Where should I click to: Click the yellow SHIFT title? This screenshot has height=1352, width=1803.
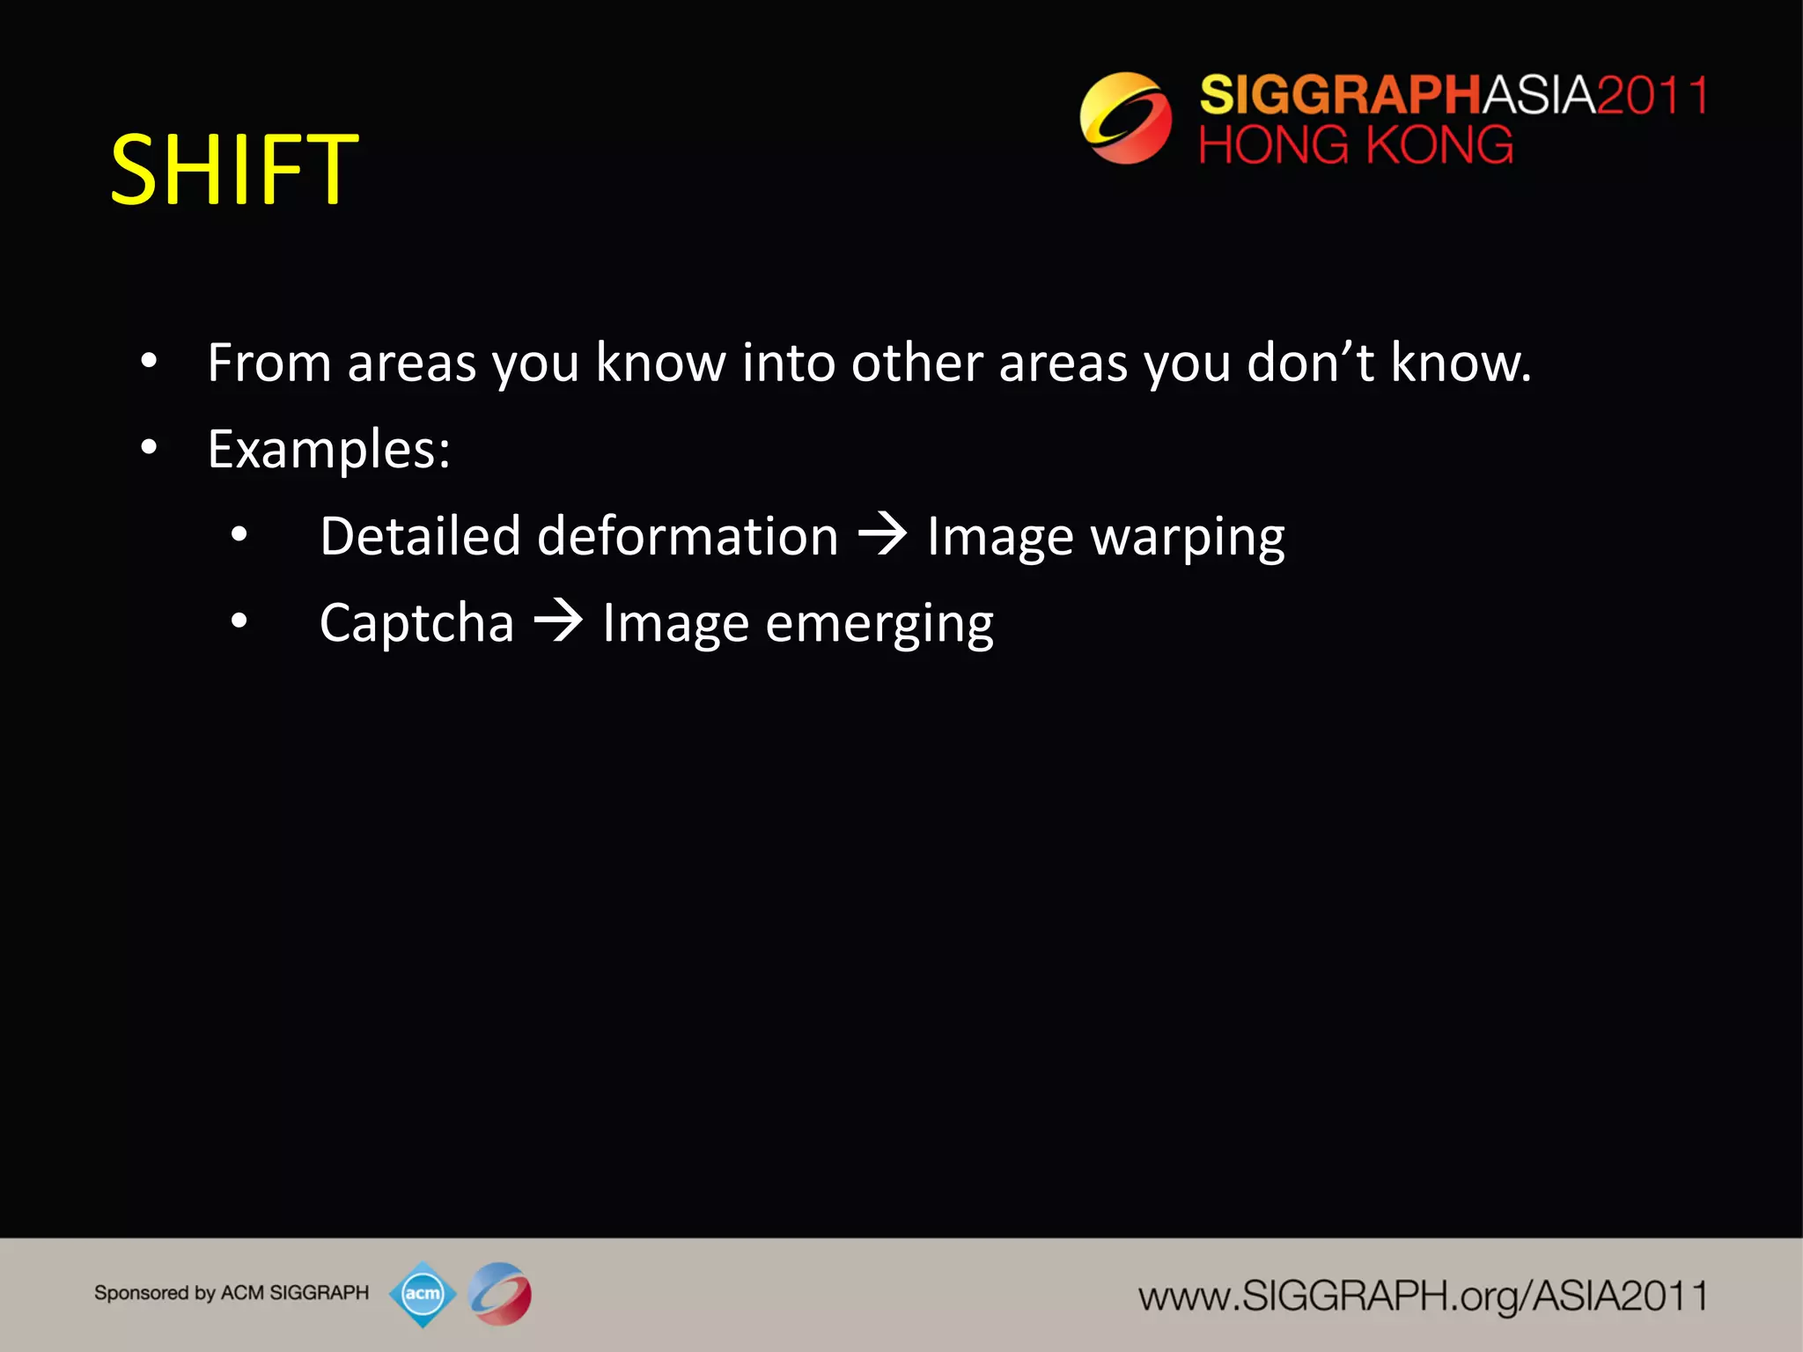pyautogui.click(x=234, y=169)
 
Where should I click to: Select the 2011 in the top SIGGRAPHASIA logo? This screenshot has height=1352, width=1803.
pyautogui.click(x=1652, y=94)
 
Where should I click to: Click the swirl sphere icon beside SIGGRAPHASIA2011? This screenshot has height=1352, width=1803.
pyautogui.click(x=1126, y=118)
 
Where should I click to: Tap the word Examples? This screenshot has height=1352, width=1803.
pyautogui.click(x=328, y=449)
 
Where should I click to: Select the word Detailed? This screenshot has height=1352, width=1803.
pyautogui.click(x=420, y=536)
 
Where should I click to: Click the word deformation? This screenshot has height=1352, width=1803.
pyautogui.click(x=688, y=536)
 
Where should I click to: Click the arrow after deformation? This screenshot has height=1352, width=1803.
pyautogui.click(x=882, y=534)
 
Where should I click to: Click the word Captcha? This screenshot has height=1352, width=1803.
pyautogui.click(x=416, y=623)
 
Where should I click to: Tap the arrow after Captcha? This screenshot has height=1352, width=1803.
pyautogui.click(x=558, y=621)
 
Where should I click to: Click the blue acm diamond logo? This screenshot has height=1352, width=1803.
pyautogui.click(x=423, y=1294)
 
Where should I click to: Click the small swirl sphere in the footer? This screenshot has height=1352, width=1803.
pyautogui.click(x=500, y=1294)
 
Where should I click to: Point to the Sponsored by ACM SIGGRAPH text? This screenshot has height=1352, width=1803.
pyautogui.click(x=232, y=1293)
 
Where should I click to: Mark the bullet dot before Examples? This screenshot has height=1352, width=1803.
pyautogui.click(x=149, y=447)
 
